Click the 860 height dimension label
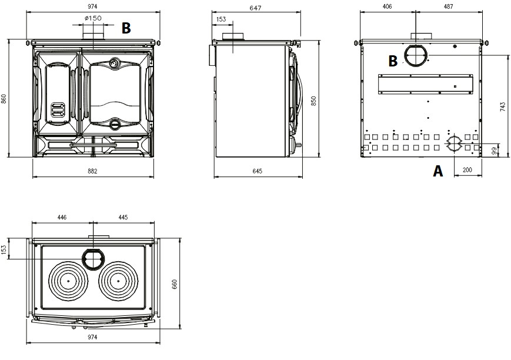pos(4,99)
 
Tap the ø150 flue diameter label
pos(93,18)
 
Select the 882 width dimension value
pos(92,171)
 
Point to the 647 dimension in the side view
pos(255,8)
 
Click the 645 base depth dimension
pos(258,171)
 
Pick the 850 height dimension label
pos(313,101)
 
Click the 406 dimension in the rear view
pos(387,6)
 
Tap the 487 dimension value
pos(449,6)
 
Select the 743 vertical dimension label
pos(503,107)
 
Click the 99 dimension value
pos(495,151)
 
